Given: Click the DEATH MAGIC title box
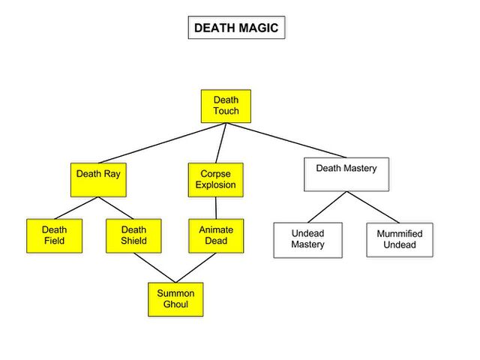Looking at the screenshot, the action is pos(237,28).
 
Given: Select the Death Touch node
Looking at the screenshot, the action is pos(226,106).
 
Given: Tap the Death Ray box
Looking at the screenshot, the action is pos(98,180).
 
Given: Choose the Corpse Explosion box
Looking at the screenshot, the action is pos(216,180).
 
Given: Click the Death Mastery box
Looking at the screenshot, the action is pos(346,175).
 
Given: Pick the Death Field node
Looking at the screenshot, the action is pos(55,235).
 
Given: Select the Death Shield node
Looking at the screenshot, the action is pos(133,235).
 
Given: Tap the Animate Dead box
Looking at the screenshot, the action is pos(216,235).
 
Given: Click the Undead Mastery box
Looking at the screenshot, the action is pos(308,240).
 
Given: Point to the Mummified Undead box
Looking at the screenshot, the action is pos(400,240).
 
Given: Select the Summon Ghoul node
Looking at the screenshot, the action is pos(175,299).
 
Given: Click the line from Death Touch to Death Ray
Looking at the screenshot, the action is pos(162,143).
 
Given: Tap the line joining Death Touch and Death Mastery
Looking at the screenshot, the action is pos(286,140).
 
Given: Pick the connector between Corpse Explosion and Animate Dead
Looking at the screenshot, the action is pos(216,208).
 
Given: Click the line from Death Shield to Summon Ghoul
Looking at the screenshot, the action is pos(154,268).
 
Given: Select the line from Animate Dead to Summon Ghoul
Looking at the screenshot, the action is pos(196,268).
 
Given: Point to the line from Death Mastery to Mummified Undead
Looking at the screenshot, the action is pos(373,207).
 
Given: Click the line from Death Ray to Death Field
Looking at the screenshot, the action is pos(76,208).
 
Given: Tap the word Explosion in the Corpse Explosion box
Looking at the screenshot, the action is pos(216,185).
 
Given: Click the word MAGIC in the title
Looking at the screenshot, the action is pos(259,28).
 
